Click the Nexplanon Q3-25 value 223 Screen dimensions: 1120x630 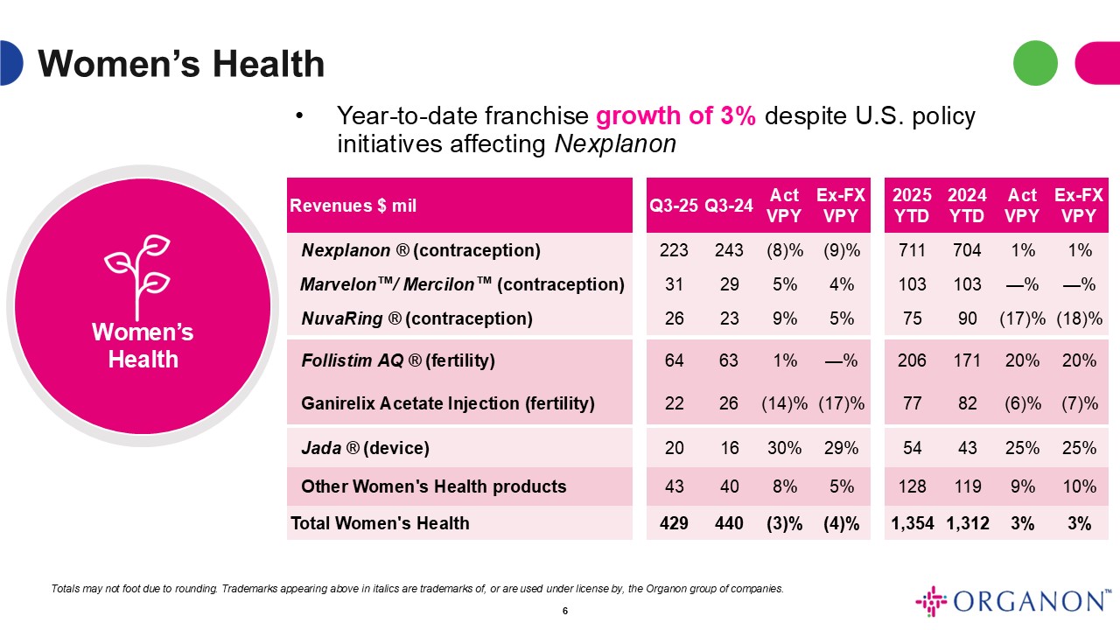pos(674,250)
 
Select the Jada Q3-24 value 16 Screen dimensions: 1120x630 pos(729,447)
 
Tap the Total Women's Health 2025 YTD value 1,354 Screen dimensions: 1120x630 pos(912,523)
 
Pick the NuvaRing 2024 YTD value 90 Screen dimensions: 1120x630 pos(967,318)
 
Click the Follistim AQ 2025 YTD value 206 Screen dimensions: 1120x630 pos(912,360)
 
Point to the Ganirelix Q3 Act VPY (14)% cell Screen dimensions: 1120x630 pos(784,403)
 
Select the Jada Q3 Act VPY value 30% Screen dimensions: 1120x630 pos(784,447)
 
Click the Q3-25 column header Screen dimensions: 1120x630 pos(674,206)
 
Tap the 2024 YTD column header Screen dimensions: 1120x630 pos(967,205)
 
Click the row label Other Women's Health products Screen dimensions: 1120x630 pos(433,486)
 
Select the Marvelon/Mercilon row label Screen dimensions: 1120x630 pos(463,284)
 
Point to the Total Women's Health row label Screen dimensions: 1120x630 pos(380,523)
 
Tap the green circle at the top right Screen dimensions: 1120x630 pos(1035,63)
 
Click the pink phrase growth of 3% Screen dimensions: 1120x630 pos(675,116)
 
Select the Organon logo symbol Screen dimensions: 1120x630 pos(931,601)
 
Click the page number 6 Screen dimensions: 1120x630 pos(565,611)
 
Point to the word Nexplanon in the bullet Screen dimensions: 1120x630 pos(615,144)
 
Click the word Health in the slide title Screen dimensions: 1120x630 pos(269,64)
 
